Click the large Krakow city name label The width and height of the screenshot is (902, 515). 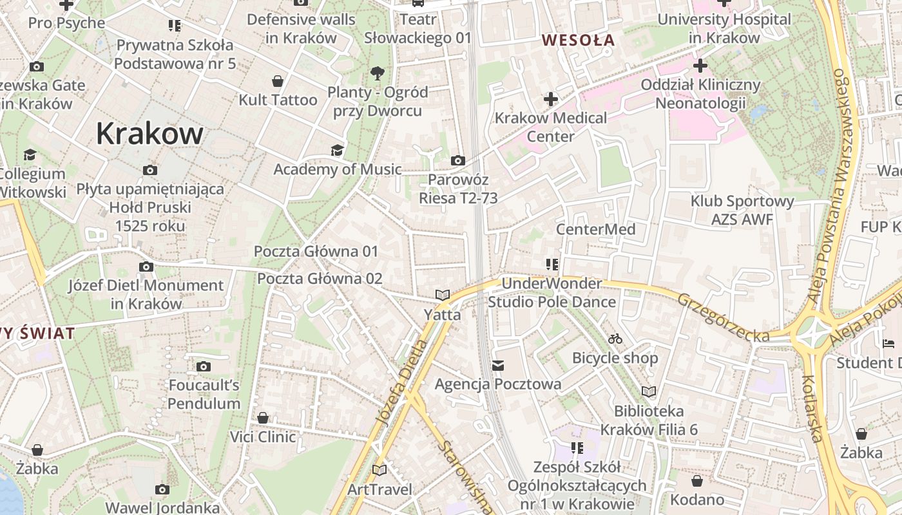(149, 133)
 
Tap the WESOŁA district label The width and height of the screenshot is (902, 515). (578, 40)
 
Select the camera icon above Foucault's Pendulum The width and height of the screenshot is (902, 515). (204, 367)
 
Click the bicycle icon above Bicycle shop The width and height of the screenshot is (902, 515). (615, 339)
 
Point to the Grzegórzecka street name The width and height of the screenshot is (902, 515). (723, 317)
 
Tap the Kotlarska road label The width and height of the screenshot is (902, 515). (812, 408)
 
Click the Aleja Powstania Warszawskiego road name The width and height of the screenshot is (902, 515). (835, 186)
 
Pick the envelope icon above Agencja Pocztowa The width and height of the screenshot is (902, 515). (497, 366)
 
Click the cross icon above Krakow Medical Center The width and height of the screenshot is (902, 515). (550, 99)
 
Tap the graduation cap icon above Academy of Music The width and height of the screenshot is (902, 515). (337, 151)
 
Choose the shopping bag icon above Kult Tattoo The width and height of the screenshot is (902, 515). (278, 81)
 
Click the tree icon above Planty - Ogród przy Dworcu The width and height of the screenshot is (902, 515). (378, 73)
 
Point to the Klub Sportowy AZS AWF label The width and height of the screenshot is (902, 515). (742, 211)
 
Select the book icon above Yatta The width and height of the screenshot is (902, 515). (442, 295)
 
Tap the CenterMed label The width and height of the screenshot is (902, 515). (595, 229)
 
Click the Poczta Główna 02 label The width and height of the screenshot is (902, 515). (320, 279)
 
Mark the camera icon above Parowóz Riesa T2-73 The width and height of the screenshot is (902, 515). (458, 160)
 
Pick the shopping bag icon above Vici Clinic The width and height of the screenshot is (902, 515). (263, 418)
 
